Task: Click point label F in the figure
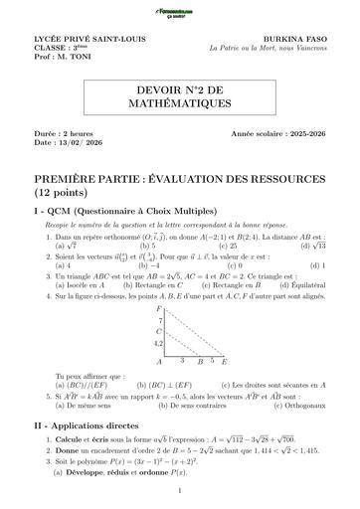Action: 158,309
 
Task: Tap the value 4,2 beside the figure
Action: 156,343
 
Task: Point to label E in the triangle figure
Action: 224,363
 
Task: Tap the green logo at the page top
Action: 179,11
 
